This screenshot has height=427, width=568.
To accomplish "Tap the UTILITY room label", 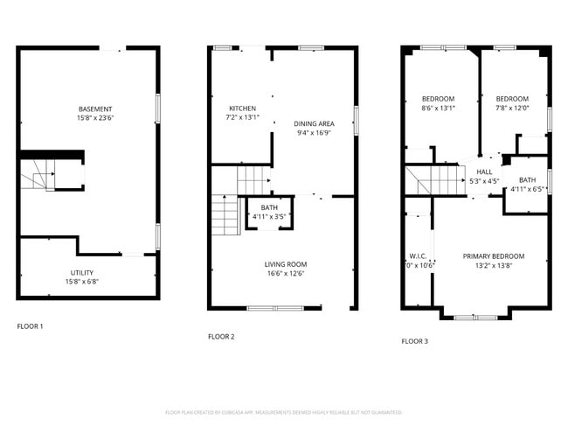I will tap(82, 272).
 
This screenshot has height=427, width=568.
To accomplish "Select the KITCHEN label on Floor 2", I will tap(242, 108).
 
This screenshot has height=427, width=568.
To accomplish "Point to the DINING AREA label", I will tap(314, 123).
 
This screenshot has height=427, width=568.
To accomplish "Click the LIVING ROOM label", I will tap(286, 263).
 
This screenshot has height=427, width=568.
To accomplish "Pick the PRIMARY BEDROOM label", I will tap(494, 255).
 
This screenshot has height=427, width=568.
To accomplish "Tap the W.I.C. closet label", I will tap(418, 256).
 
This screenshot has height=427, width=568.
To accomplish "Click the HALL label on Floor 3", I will tap(484, 171).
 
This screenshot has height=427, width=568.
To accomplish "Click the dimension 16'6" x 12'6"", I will tap(286, 273).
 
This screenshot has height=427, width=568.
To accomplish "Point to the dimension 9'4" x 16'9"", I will tap(314, 134).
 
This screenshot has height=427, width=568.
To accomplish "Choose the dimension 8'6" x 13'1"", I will tap(438, 108).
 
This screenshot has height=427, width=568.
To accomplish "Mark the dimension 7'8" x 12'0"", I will tap(512, 108).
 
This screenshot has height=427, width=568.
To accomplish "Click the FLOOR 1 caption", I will tap(30, 326).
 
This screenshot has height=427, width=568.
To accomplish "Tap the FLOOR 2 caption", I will tap(221, 336).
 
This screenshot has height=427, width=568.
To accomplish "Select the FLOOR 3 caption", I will tap(414, 341).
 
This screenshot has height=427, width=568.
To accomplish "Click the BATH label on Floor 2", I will tap(268, 207).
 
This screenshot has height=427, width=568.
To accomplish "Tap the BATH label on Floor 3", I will tap(527, 179).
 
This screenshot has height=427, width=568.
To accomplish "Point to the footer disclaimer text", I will tap(284, 411).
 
